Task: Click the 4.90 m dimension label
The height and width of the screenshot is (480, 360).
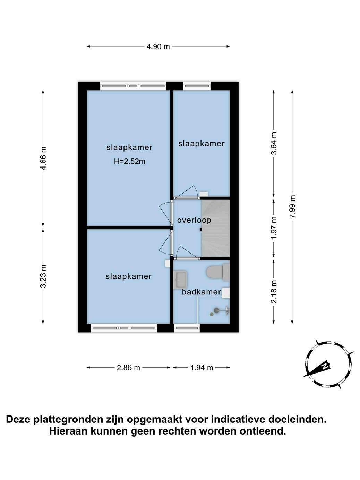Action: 158,46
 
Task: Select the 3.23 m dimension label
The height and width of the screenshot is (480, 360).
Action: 43,276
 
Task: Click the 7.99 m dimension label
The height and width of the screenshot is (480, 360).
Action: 292,207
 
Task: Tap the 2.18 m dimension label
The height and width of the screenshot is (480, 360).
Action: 274,291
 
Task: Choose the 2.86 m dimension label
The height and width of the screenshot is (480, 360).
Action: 128,368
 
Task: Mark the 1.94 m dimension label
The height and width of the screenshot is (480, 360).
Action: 202,368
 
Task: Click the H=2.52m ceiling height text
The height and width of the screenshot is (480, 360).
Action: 129,161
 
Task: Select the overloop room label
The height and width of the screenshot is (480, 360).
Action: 194,220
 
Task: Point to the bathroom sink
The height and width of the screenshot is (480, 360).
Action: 180,278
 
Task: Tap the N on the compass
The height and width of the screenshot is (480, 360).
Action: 325,366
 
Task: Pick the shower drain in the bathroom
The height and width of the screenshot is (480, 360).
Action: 212,314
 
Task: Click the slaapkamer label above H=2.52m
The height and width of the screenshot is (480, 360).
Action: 129,147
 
